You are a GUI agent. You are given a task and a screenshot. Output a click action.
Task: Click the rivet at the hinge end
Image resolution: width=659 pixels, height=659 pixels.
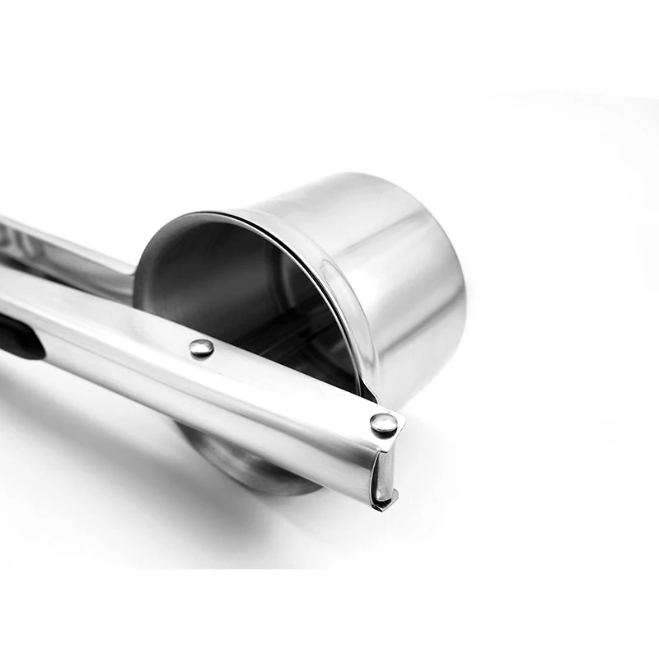[x=383, y=424]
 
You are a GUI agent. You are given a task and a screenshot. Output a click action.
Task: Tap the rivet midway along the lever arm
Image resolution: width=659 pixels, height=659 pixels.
[x=201, y=348]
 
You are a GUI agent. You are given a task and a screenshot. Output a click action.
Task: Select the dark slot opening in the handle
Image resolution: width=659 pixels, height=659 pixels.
[x=18, y=338]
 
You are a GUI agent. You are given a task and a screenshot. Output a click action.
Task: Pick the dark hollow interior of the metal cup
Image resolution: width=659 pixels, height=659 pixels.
[x=222, y=280]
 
